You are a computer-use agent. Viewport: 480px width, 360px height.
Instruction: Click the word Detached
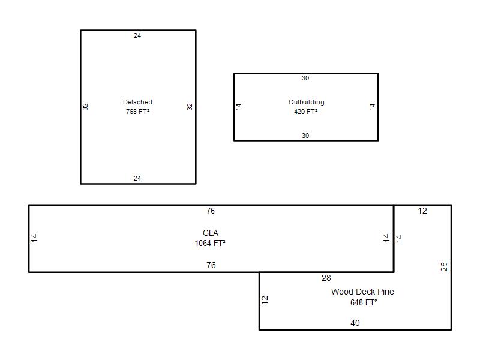click(x=137, y=102)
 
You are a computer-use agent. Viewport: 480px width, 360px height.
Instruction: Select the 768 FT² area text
click(x=137, y=112)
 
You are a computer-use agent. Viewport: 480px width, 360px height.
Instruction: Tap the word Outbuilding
click(x=307, y=102)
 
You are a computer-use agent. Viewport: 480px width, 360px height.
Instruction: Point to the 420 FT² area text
click(x=305, y=112)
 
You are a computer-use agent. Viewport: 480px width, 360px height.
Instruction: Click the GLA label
click(x=211, y=233)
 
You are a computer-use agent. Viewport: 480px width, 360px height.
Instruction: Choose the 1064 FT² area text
click(x=210, y=244)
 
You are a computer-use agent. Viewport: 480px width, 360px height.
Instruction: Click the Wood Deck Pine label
click(x=362, y=292)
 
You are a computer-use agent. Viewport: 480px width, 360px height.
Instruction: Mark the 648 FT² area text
click(x=364, y=302)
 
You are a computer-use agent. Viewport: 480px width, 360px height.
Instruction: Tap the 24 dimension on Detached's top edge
click(x=137, y=35)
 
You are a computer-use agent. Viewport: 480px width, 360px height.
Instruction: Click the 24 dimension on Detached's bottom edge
click(x=137, y=178)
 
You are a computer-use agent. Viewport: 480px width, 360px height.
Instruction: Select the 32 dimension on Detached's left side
click(x=85, y=107)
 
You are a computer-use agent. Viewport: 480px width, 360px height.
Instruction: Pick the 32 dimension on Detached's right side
click(x=190, y=107)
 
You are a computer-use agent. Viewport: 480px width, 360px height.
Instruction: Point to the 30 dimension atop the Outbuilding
click(x=305, y=78)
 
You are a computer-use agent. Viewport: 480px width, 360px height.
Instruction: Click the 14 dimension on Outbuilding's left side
click(x=239, y=107)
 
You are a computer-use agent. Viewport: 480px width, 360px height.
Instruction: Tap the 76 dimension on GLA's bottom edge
click(x=211, y=265)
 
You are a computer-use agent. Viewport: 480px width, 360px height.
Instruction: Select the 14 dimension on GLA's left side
click(x=34, y=238)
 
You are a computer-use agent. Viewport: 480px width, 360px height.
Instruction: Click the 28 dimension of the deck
click(x=326, y=278)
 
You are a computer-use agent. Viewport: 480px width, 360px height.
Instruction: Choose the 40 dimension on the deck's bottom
click(x=355, y=323)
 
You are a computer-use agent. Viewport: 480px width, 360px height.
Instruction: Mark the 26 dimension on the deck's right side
click(x=444, y=267)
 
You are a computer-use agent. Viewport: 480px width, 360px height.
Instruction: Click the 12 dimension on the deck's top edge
click(x=422, y=211)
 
